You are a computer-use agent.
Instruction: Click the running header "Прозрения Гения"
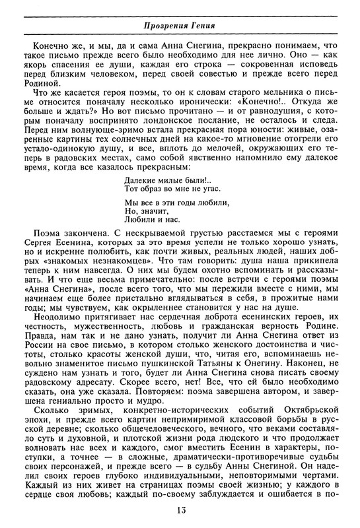click(x=180, y=26)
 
